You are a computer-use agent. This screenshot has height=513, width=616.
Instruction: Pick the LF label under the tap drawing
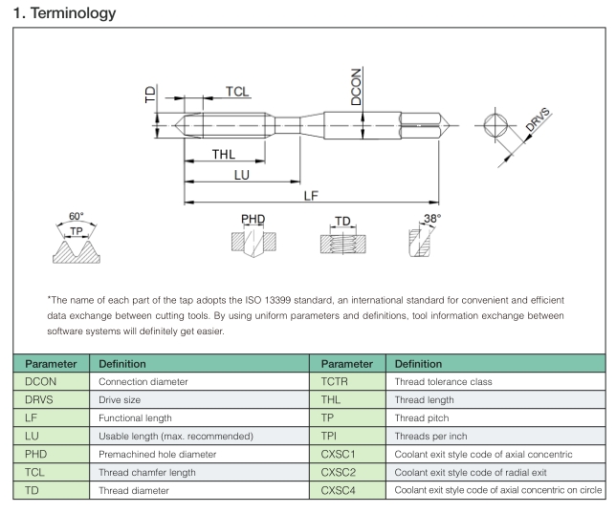click(310, 196)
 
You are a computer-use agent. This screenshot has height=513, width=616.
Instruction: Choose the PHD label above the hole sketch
click(253, 220)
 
